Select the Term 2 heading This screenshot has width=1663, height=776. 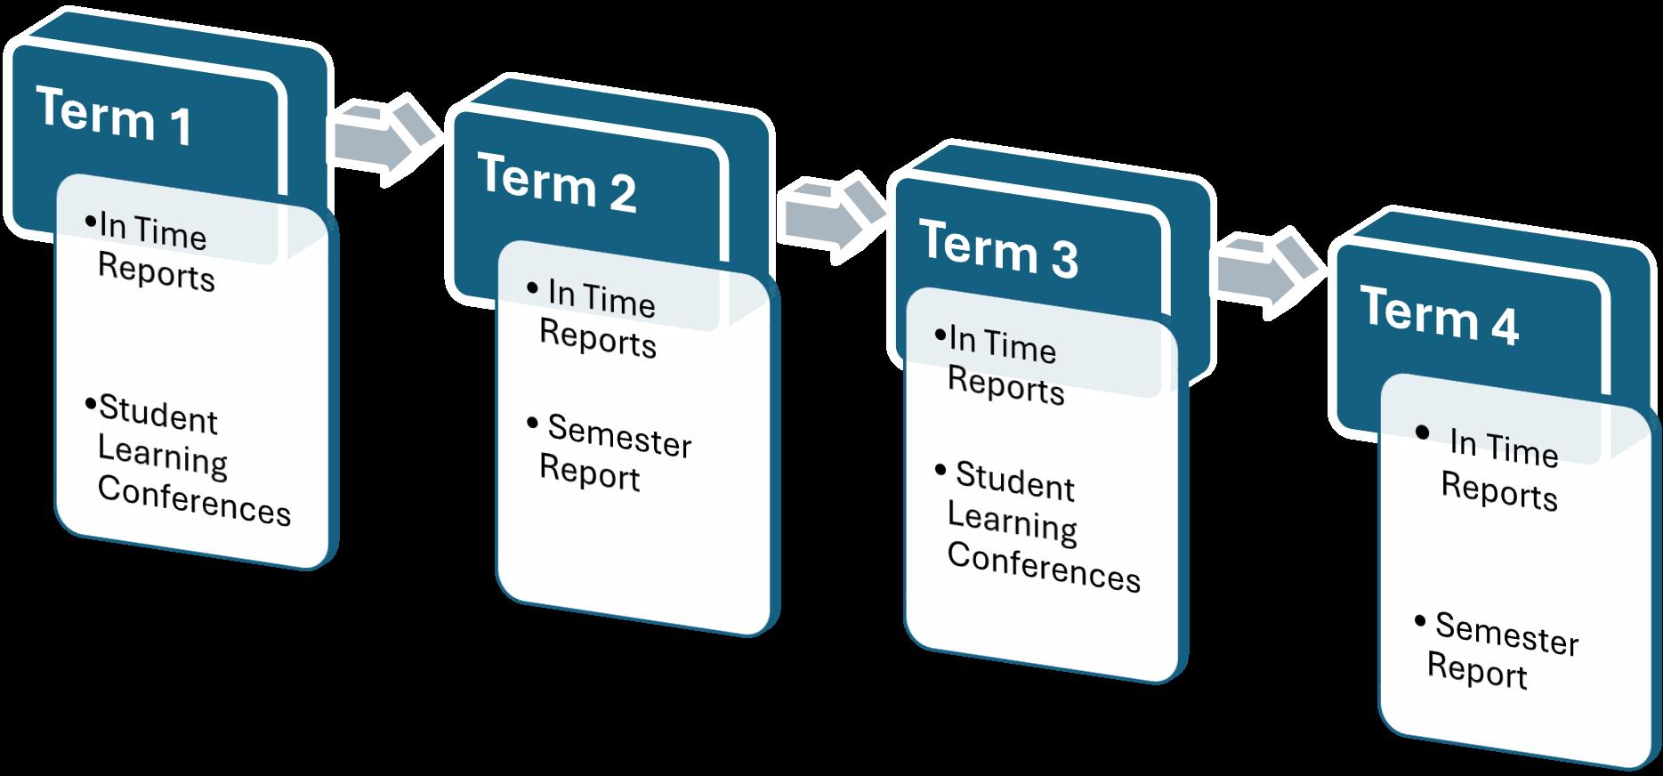[x=556, y=182]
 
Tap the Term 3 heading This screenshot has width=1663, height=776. [x=997, y=248]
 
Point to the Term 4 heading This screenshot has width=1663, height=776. [x=1439, y=316]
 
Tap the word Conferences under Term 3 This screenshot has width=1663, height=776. [x=1043, y=567]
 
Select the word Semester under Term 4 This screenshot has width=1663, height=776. [x=1506, y=635]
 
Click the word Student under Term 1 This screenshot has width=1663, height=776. [x=157, y=415]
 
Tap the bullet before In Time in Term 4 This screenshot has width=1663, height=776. [x=1422, y=433]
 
